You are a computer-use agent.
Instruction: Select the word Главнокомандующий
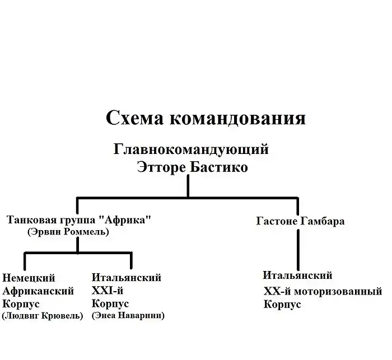(191, 149)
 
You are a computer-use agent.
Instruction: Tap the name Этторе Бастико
(192, 167)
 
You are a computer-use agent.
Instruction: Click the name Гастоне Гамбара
(300, 221)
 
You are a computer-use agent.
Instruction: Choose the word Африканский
(39, 291)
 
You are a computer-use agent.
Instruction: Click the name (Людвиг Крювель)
(43, 316)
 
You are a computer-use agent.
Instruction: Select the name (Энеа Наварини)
(128, 316)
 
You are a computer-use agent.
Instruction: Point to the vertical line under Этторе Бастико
(188, 186)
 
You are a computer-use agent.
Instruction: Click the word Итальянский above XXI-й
(126, 278)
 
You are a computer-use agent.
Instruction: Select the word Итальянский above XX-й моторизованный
(297, 275)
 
